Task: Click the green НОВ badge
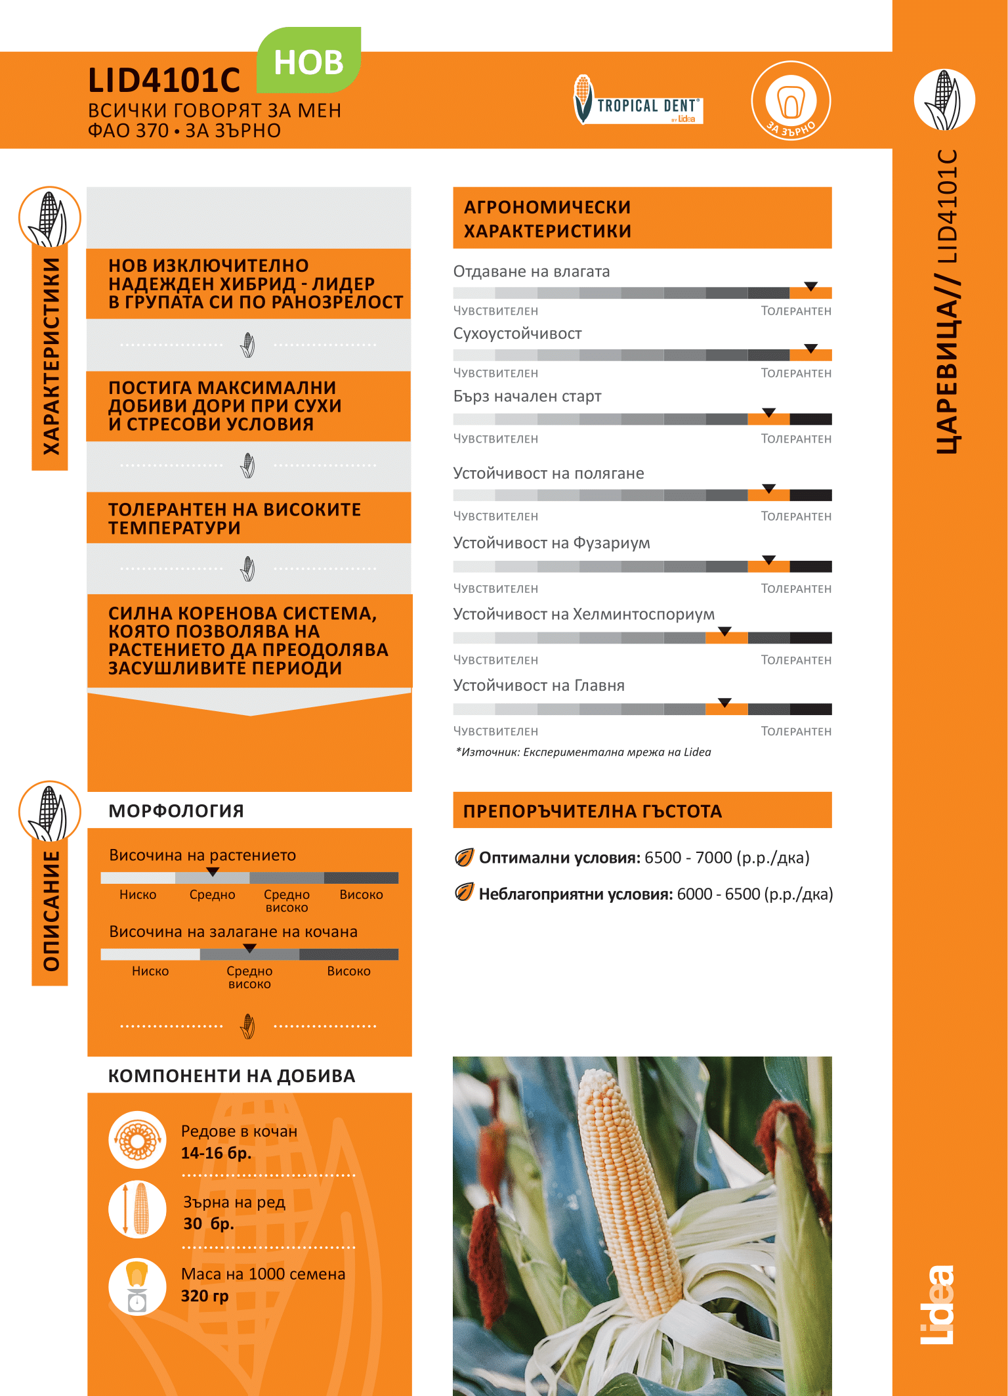pos(308,61)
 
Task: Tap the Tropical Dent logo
pos(638,100)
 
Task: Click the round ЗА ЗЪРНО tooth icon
pos(791,100)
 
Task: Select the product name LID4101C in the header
pos(164,81)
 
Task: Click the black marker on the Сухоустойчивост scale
pos(811,348)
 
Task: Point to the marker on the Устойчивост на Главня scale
pos(724,703)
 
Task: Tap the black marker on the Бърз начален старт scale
pos(769,412)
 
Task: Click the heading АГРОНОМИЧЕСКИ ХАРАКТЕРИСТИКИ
pos(547,219)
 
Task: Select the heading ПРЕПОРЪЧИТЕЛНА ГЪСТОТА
pos(592,811)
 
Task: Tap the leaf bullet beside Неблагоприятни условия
pos(464,892)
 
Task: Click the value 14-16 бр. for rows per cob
pos(217,1153)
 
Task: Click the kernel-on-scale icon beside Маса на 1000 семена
pos(137,1286)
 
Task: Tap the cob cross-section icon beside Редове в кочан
pos(137,1140)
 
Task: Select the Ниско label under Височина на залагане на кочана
pos(150,971)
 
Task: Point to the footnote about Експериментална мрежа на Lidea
pos(583,752)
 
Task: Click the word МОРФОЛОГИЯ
pos(176,811)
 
